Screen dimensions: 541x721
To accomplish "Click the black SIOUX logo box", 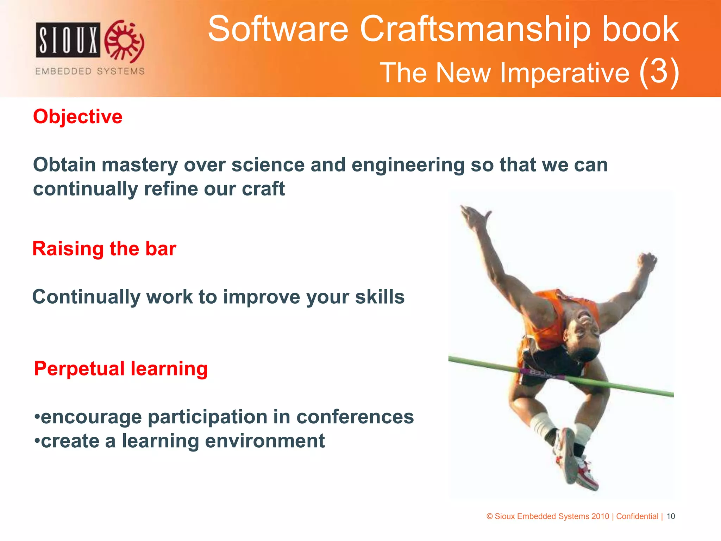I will coord(68,40).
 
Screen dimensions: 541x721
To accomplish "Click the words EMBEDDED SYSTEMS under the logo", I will coord(90,71).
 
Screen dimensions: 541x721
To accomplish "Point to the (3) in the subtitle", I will coord(659,72).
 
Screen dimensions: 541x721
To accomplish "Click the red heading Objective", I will coord(77,117).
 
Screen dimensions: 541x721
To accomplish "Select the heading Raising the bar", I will coord(104,249).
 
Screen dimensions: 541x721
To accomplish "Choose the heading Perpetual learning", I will coord(121,369).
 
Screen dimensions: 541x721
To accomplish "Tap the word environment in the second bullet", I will coord(265,441).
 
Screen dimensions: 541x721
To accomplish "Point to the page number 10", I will coord(671,516).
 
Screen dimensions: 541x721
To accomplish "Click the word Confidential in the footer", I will coord(637,516).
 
